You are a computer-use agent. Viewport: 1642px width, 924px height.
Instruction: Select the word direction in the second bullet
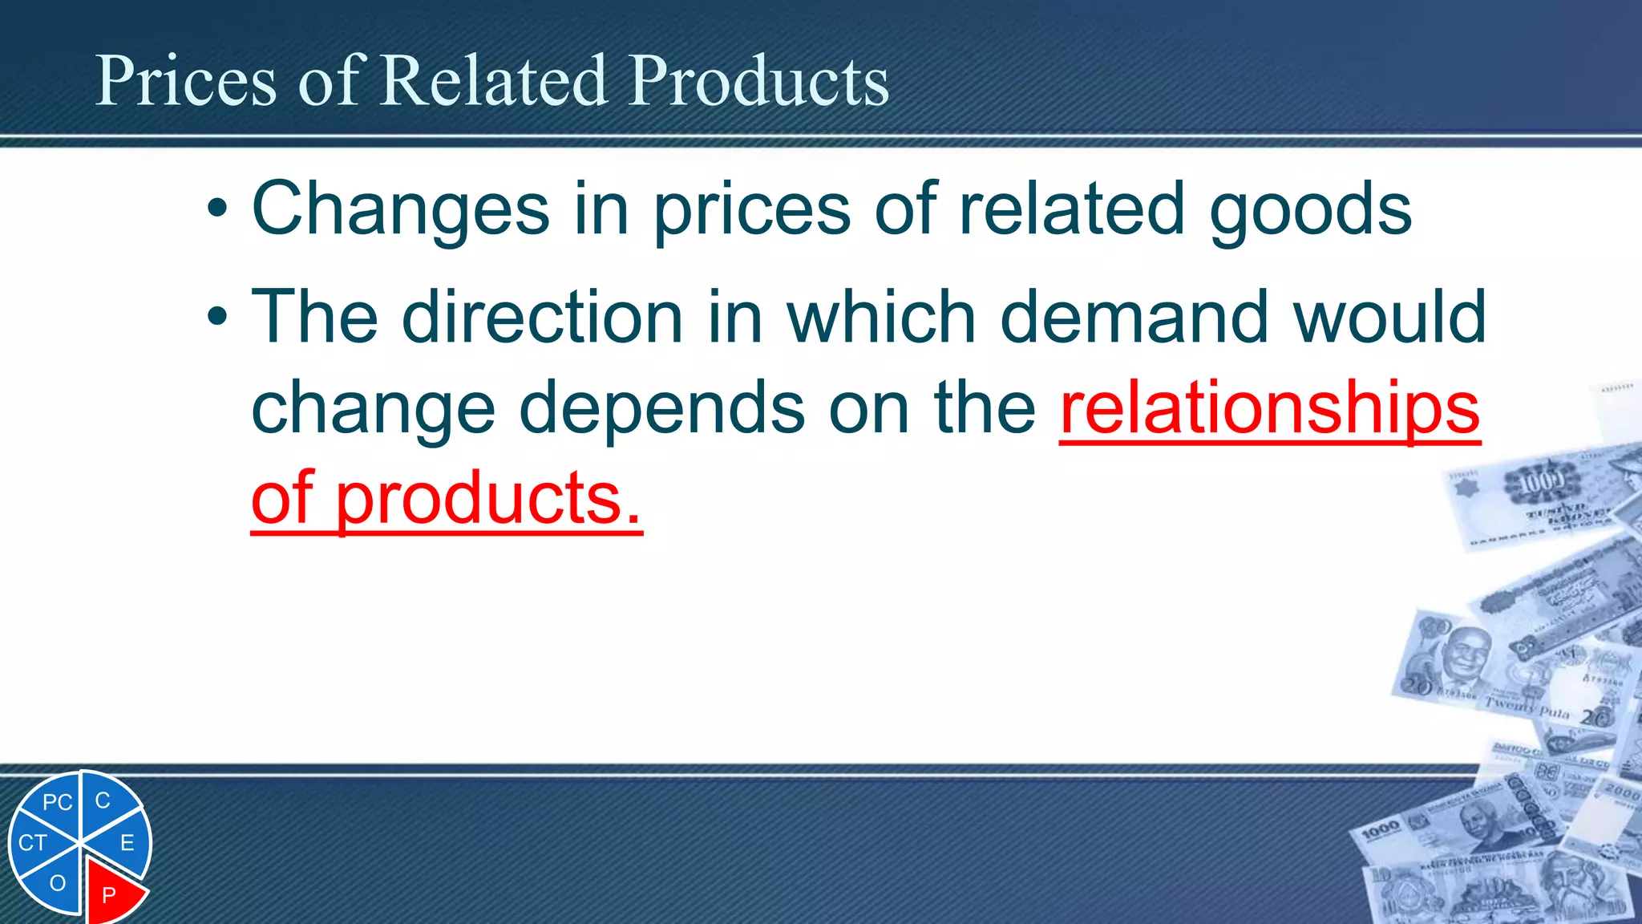pos(542,317)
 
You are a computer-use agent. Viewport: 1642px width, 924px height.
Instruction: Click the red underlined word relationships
pos(1270,407)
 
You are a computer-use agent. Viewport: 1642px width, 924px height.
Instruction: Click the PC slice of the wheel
pos(56,803)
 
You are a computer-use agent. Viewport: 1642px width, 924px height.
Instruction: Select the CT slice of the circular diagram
pos(34,843)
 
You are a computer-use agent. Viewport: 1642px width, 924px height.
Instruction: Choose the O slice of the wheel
pos(57,883)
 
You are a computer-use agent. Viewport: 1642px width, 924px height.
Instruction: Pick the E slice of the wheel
pos(127,843)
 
